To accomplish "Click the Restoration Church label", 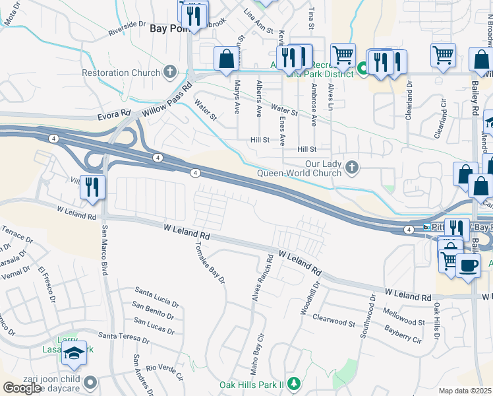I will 121,73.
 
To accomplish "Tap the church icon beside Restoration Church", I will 170,72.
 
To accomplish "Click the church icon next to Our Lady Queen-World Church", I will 352,168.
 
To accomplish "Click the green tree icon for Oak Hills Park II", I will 294,383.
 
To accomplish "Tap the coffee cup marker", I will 468,266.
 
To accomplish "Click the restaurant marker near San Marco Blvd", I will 92,187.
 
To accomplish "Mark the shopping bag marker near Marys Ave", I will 226,58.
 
